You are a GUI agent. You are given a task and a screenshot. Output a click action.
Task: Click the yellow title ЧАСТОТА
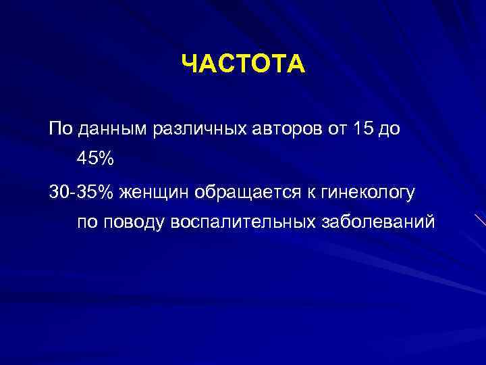point(243,66)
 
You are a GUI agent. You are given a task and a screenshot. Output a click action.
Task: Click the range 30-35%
point(82,193)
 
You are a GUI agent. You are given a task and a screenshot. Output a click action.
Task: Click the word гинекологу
point(364,194)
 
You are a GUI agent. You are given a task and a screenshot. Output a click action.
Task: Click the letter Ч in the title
point(190,66)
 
